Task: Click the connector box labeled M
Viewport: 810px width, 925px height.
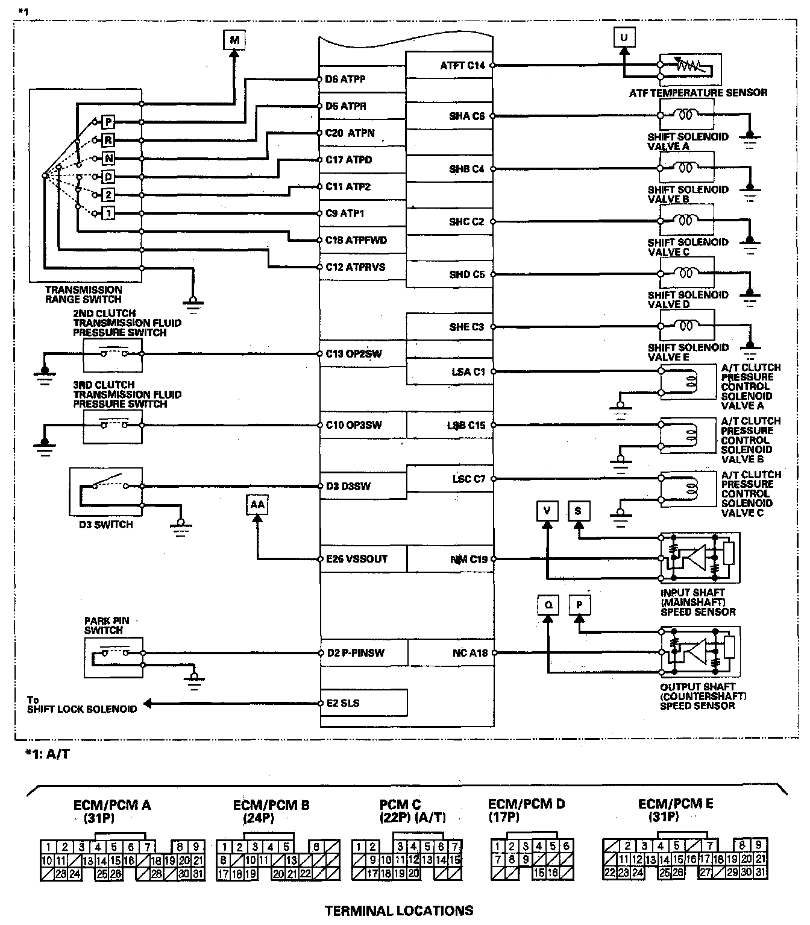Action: coord(234,40)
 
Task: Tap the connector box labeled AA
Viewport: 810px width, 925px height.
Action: coord(257,504)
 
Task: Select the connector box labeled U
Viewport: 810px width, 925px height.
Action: coord(624,37)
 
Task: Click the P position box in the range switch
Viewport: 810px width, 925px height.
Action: coord(108,122)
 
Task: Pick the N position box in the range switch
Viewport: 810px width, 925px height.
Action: coord(108,159)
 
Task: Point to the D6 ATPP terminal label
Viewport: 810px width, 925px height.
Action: coord(345,79)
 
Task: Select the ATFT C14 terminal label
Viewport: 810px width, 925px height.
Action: coord(462,65)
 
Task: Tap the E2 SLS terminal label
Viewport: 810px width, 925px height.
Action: coord(343,703)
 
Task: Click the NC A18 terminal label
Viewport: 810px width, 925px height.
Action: coord(470,652)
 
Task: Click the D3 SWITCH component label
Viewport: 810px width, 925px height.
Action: coord(105,525)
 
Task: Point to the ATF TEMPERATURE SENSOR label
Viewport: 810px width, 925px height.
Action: coord(698,93)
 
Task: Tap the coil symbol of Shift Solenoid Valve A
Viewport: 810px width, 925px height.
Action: coord(685,113)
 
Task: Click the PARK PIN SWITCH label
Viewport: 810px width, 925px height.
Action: coord(107,625)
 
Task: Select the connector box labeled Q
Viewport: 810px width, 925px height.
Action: coord(548,605)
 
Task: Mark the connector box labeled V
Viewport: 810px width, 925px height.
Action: coord(547,511)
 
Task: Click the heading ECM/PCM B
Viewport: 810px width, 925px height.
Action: coord(271,805)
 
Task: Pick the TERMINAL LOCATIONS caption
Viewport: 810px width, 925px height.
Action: coord(399,911)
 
